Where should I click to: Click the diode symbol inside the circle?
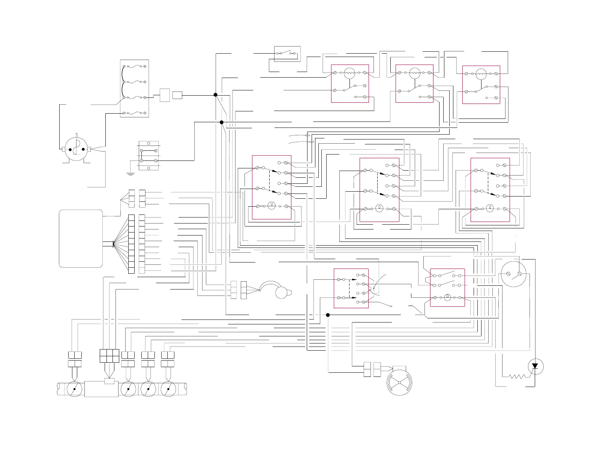click(x=535, y=366)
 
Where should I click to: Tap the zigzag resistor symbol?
click(x=517, y=376)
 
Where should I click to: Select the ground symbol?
click(x=130, y=174)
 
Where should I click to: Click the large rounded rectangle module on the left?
click(x=81, y=238)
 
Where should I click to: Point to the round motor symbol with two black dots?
click(x=76, y=150)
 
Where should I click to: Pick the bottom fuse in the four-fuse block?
click(x=134, y=113)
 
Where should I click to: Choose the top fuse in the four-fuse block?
click(x=134, y=66)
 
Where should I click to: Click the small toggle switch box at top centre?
click(x=287, y=54)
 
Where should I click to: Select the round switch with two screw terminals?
click(x=514, y=274)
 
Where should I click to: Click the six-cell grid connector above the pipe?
click(x=109, y=355)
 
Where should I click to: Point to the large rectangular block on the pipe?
click(x=101, y=389)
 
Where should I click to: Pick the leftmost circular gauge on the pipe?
click(x=74, y=389)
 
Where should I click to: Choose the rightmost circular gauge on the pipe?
click(x=168, y=389)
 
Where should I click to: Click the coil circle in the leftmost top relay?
click(x=349, y=73)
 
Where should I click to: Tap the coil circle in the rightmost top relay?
click(x=480, y=74)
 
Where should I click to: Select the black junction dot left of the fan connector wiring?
click(x=328, y=315)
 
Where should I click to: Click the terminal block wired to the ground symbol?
click(x=148, y=156)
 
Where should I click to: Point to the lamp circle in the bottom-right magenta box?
click(x=447, y=297)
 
